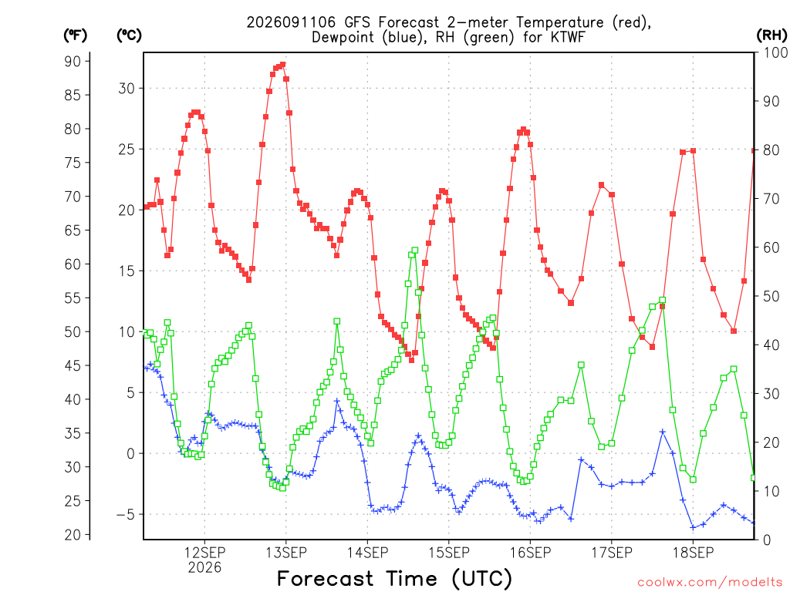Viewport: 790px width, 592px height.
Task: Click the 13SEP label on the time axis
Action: click(286, 552)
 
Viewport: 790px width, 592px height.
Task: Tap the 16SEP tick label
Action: click(530, 552)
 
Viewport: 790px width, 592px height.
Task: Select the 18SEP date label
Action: click(693, 552)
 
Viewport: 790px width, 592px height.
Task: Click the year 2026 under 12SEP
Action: click(204, 567)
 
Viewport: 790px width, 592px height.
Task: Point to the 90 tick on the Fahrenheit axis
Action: click(73, 61)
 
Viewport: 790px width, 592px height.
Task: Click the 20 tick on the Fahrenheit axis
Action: click(73, 535)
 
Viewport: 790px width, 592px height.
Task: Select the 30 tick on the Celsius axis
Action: click(127, 88)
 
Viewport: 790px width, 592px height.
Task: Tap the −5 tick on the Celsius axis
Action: click(126, 514)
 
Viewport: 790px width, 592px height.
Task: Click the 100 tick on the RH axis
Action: click(775, 52)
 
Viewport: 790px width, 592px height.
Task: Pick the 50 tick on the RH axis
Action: click(771, 296)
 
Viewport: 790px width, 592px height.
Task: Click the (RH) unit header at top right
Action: click(771, 35)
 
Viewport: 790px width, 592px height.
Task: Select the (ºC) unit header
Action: click(129, 35)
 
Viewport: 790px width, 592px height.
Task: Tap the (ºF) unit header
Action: click(75, 35)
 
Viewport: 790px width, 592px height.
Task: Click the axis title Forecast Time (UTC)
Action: click(394, 578)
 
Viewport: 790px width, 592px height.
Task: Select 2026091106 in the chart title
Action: click(291, 22)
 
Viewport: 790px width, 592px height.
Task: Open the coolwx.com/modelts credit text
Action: click(710, 582)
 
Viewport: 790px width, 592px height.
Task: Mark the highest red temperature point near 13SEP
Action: click(282, 65)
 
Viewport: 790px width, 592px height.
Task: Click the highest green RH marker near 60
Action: click(414, 251)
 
